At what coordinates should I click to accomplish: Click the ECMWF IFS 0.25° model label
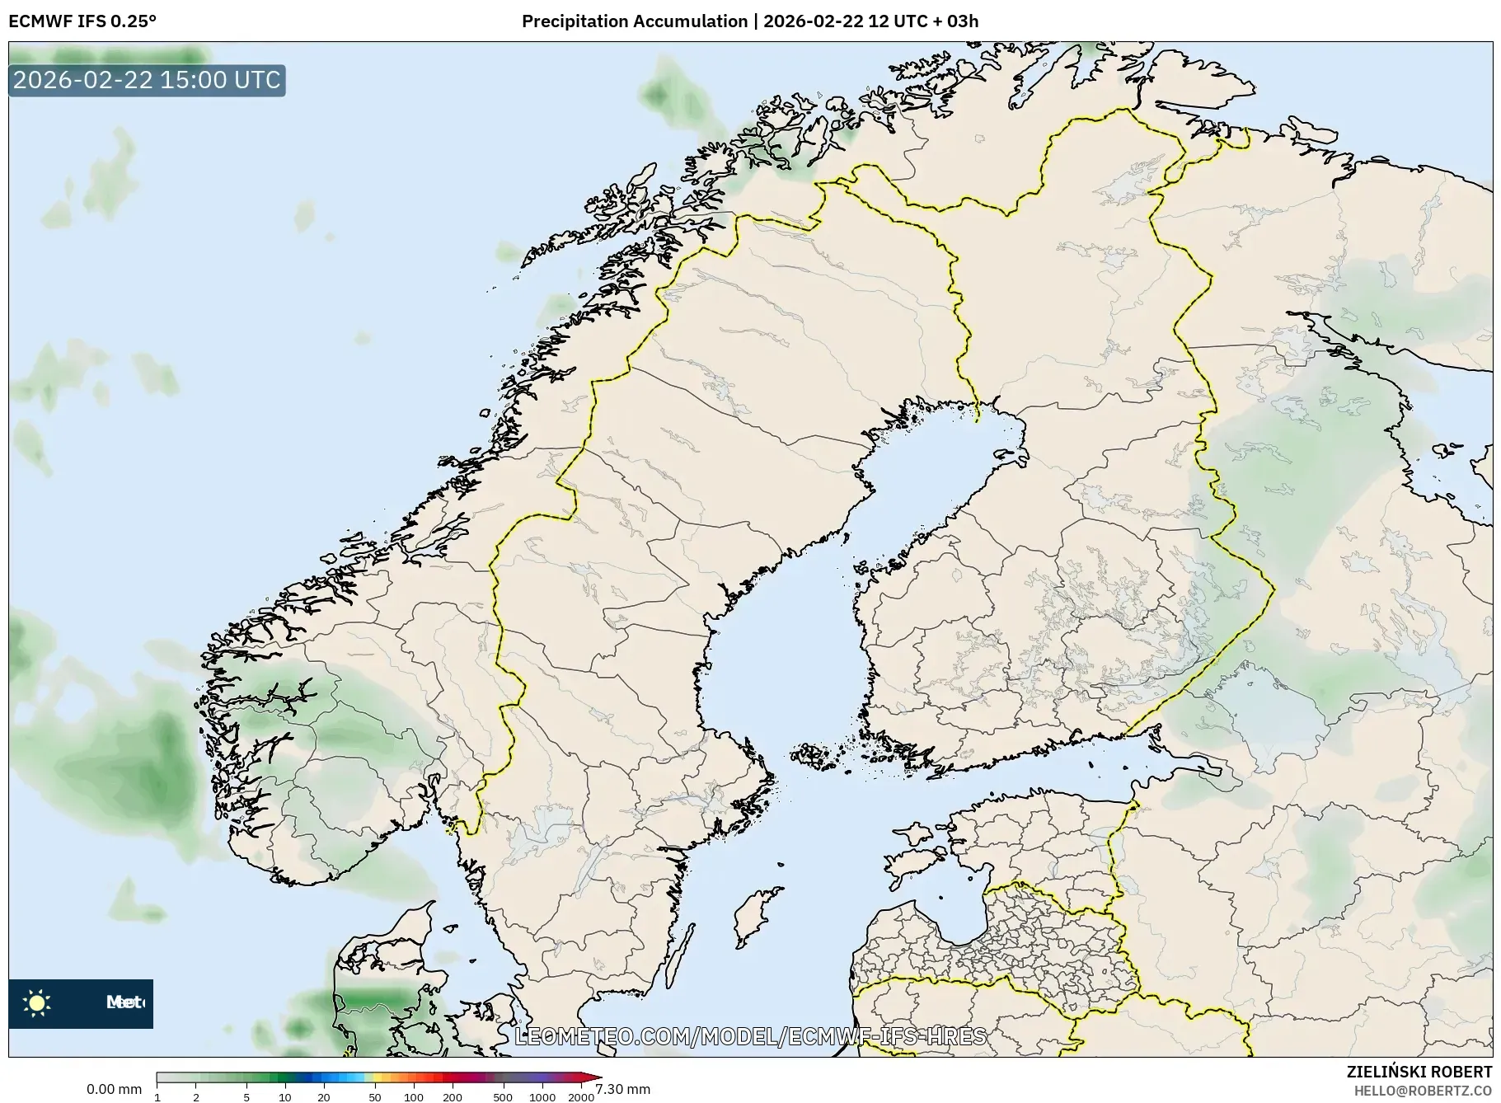click(82, 21)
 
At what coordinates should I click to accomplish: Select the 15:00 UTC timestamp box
click(147, 80)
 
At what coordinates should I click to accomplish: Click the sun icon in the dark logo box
click(36, 1002)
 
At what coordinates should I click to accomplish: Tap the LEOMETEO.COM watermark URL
click(750, 1036)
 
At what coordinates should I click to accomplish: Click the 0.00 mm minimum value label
click(114, 1089)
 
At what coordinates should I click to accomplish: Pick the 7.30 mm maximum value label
click(623, 1089)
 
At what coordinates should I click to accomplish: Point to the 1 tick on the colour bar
click(157, 1096)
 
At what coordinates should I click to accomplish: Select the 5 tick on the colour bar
click(246, 1096)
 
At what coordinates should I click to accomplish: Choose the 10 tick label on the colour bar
click(284, 1096)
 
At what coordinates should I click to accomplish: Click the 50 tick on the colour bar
click(374, 1096)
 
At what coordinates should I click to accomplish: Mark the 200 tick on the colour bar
click(452, 1096)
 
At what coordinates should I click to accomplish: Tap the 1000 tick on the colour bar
click(542, 1096)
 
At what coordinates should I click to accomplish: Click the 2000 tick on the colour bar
click(581, 1096)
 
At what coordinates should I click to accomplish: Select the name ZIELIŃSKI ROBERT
click(1419, 1072)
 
